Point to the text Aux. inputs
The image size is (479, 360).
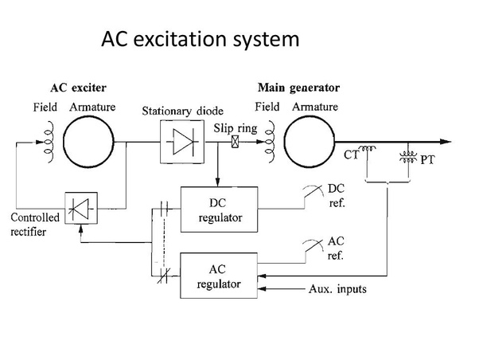[x=337, y=289]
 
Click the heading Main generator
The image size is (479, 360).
[x=298, y=88]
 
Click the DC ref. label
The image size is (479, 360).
[x=337, y=194]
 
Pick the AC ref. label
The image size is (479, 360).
[x=337, y=249]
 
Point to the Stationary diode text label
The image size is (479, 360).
[x=182, y=111]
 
